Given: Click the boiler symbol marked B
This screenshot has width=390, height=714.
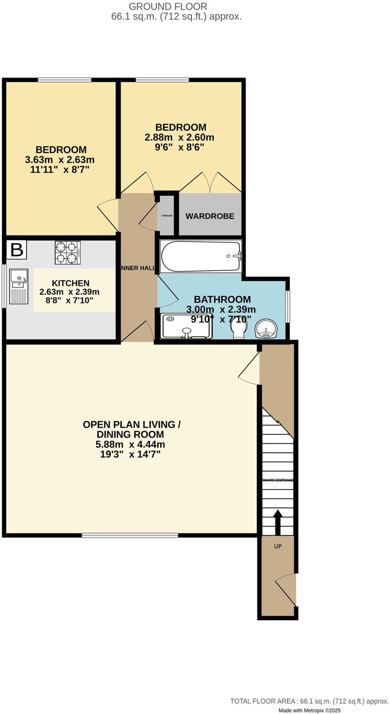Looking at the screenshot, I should tap(17, 250).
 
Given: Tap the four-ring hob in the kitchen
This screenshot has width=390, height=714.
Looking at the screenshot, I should tap(68, 253).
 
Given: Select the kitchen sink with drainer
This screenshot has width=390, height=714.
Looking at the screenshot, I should tap(19, 286).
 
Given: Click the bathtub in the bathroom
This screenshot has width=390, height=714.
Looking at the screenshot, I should tap(201, 256).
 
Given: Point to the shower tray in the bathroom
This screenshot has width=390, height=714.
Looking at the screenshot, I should tap(186, 326).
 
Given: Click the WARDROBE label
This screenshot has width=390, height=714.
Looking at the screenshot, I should tap(210, 216).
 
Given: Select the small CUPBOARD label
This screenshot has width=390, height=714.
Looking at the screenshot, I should tap(167, 216).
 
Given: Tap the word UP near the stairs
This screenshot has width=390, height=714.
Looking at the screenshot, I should tap(278, 546).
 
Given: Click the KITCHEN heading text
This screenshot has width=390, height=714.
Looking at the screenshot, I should tap(70, 283).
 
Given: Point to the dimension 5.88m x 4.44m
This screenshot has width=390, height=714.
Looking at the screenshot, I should tap(130, 444).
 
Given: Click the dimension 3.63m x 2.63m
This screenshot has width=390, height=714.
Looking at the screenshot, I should tap(60, 160).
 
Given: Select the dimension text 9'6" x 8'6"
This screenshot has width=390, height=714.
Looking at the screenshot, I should tap(180, 147).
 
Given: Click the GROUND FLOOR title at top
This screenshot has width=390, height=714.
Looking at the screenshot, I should tap(168, 6).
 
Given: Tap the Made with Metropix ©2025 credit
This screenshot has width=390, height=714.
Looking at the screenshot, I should tap(310, 711).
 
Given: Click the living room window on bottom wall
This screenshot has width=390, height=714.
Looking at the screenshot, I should tap(130, 535).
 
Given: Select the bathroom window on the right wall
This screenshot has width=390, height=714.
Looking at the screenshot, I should tap(288, 306).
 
